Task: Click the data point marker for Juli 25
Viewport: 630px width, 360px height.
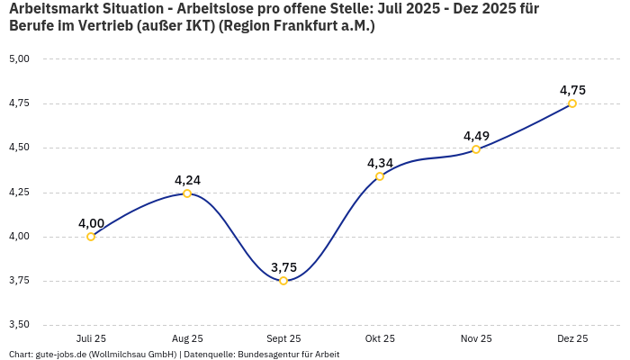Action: point(91,237)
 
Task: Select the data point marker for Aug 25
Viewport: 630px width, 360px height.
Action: point(187,193)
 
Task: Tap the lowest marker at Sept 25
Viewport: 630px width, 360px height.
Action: point(283,281)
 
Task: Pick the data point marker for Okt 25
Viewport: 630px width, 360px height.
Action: point(380,176)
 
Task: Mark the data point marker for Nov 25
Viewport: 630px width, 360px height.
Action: point(476,149)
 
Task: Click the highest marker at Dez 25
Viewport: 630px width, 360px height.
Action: point(572,103)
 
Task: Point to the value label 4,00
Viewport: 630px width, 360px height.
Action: point(91,223)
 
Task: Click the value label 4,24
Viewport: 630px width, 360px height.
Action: point(187,180)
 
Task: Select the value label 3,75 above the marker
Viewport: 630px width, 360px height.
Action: point(283,267)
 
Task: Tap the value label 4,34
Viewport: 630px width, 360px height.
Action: point(380,163)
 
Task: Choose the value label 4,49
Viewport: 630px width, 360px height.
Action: point(476,136)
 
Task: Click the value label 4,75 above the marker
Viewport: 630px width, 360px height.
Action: point(572,90)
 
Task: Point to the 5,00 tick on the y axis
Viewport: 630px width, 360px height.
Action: point(19,58)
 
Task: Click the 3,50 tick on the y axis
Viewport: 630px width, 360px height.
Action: point(19,325)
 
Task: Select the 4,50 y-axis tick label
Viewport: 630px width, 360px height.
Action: point(19,148)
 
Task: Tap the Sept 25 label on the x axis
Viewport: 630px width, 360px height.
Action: point(283,338)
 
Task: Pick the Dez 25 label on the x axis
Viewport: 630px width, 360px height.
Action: point(572,338)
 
